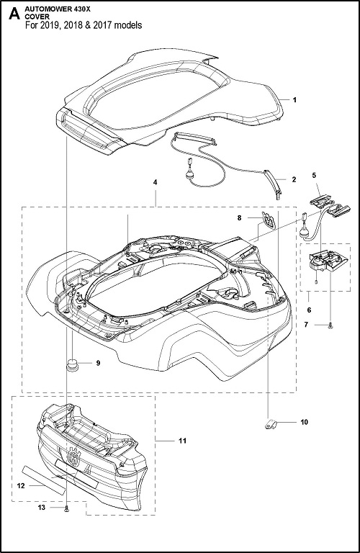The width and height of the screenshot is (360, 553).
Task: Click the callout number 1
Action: (x=294, y=100)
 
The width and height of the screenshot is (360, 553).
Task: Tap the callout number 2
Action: (x=294, y=179)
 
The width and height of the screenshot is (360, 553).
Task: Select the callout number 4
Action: (x=155, y=182)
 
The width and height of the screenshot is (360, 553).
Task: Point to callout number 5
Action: (x=314, y=174)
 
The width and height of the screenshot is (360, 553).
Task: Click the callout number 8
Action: (x=240, y=218)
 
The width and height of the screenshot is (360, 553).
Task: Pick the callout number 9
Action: (x=98, y=363)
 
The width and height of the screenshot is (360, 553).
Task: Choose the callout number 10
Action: (x=305, y=422)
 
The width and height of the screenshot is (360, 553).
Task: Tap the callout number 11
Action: (x=183, y=441)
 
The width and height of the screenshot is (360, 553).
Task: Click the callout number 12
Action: (x=21, y=485)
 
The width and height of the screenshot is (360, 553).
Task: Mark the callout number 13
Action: (x=42, y=508)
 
